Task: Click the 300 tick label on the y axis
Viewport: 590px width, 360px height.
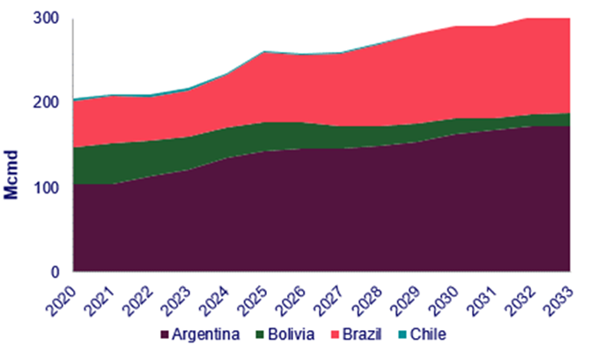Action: pyautogui.click(x=49, y=18)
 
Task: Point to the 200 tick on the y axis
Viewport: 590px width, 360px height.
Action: pyautogui.click(x=49, y=102)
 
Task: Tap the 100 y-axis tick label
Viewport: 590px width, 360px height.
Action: pyautogui.click(x=49, y=187)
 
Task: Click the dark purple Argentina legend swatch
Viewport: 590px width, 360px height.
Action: pyautogui.click(x=165, y=335)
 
